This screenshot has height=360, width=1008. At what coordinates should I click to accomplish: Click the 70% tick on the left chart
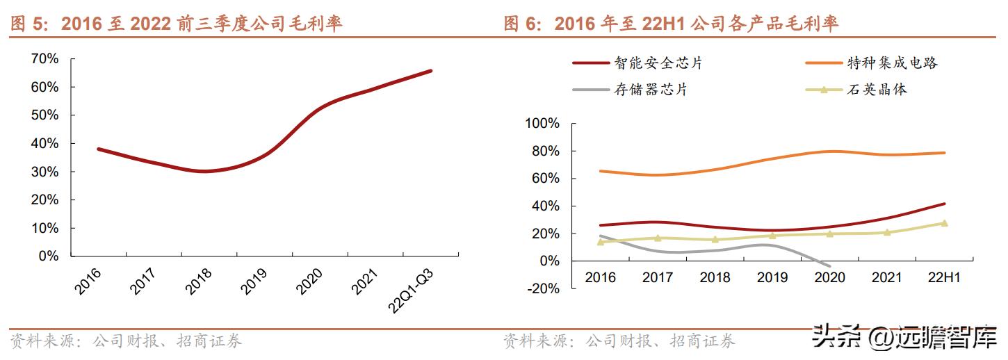(x=44, y=59)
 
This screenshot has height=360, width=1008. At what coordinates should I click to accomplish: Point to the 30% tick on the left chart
(x=44, y=172)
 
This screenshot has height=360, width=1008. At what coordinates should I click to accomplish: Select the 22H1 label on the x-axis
(x=943, y=278)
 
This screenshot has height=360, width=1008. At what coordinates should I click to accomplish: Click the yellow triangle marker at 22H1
(x=943, y=223)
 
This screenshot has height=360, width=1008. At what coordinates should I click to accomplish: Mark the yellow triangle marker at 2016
(x=601, y=242)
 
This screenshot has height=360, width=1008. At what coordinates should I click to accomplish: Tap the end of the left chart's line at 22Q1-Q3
(x=431, y=70)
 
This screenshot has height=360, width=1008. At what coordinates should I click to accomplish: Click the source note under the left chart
(x=126, y=341)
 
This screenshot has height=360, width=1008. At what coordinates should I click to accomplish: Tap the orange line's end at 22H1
(x=943, y=153)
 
